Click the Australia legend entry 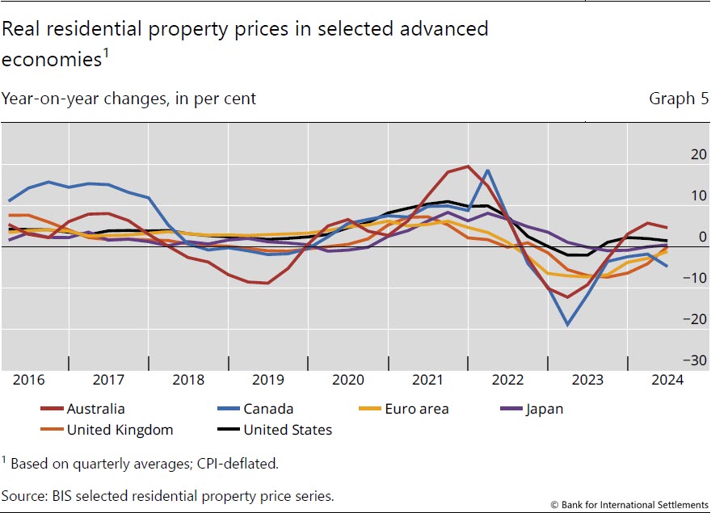click(x=95, y=409)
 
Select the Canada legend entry click(x=268, y=409)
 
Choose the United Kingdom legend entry click(x=120, y=430)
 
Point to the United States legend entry click(x=288, y=430)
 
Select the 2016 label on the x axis click(x=28, y=379)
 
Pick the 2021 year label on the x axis click(x=429, y=379)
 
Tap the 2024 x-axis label click(x=667, y=379)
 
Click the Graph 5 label click(x=672, y=99)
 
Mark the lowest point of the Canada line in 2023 click(x=568, y=325)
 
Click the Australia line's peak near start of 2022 click(x=468, y=166)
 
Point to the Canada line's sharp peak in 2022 click(x=488, y=170)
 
